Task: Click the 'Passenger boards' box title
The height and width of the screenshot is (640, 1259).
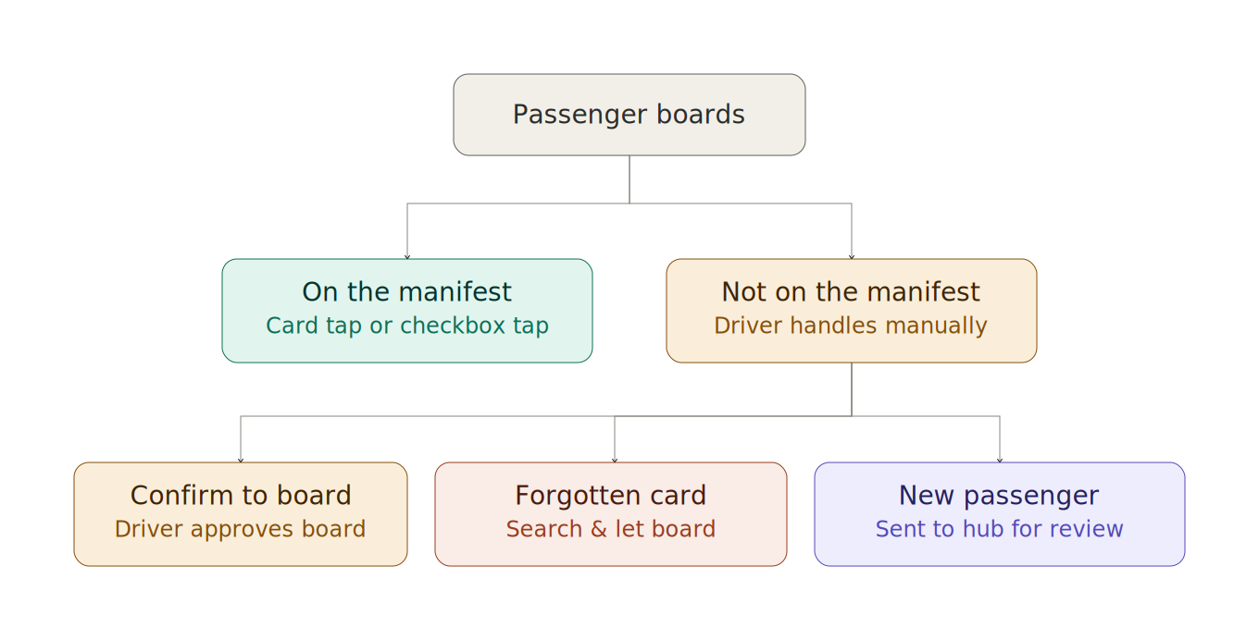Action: [629, 115]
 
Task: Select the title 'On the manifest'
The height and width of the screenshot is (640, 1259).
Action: [407, 292]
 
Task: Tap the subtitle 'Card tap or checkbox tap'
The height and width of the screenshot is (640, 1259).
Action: [407, 326]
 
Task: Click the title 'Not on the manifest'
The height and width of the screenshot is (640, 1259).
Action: [851, 292]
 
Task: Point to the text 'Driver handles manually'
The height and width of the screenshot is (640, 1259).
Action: [851, 326]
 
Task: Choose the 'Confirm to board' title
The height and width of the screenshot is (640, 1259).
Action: [241, 495]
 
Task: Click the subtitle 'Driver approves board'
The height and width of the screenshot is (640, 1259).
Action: [241, 529]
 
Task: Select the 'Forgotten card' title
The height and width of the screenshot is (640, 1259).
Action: [610, 495]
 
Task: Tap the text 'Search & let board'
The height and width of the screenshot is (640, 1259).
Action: [610, 529]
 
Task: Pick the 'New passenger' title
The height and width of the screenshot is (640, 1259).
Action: [999, 496]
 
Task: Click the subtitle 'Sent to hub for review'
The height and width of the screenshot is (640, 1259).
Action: [999, 529]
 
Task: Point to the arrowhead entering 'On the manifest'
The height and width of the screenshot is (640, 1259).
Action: [407, 257]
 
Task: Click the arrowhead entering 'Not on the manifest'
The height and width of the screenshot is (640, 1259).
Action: [852, 257]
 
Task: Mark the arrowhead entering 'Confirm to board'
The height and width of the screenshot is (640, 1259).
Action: [241, 461]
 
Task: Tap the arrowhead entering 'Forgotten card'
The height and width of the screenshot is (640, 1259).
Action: [615, 461]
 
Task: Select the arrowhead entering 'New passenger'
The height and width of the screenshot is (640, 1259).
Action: [1000, 461]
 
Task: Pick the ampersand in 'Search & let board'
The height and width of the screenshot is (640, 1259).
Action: [599, 529]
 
